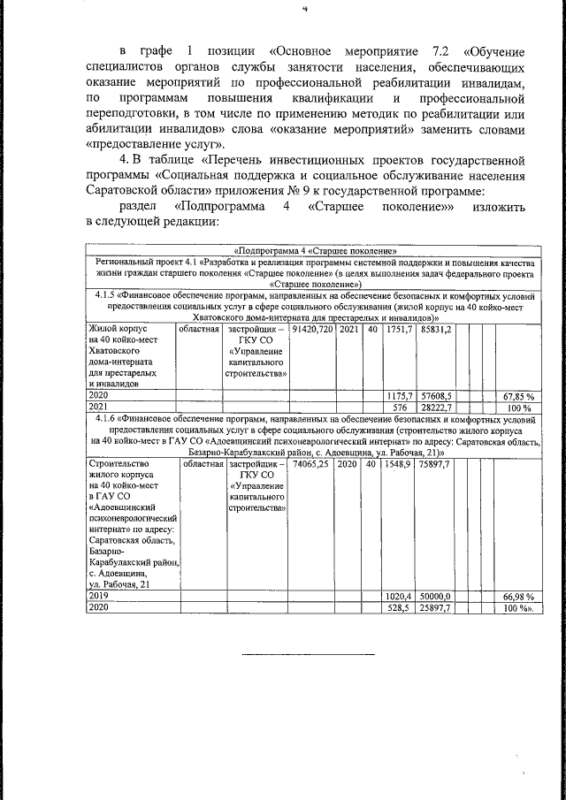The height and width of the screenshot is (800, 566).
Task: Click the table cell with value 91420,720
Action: [313, 329]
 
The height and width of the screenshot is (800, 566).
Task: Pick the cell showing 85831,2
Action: [435, 329]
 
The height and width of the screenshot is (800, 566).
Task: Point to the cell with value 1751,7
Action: [400, 329]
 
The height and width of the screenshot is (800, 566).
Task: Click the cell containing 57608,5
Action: [436, 397]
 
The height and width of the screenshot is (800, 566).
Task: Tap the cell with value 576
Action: [399, 408]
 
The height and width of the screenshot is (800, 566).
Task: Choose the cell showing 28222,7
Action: [436, 408]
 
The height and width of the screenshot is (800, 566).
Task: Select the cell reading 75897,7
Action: [435, 463]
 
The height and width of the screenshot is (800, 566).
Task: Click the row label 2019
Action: [98, 598]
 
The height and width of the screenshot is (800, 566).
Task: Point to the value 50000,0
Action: [436, 598]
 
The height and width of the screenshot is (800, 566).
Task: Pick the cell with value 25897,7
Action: [436, 609]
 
